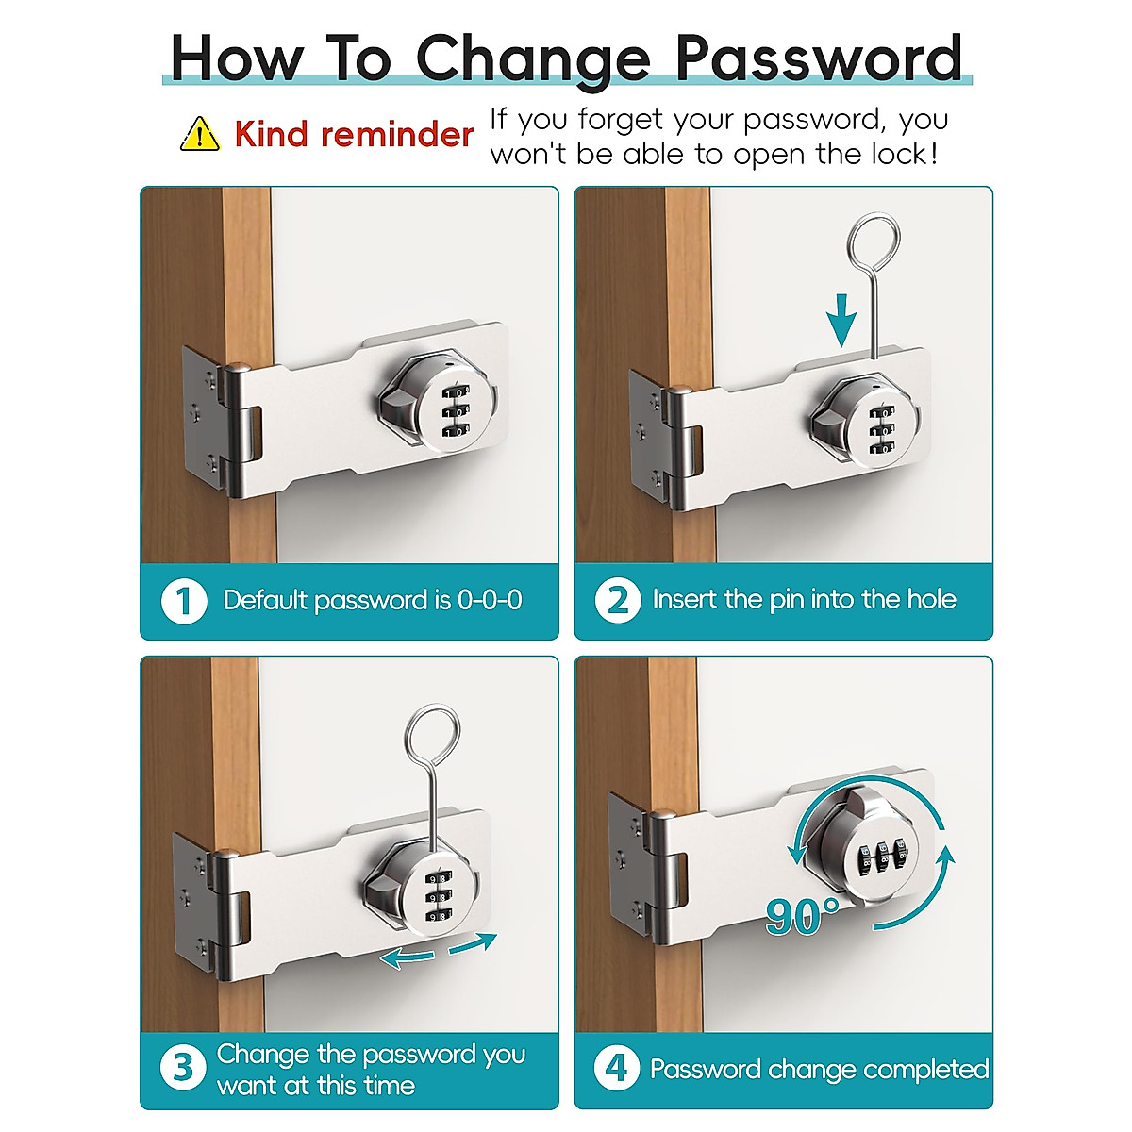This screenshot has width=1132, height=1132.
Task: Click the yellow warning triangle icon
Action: [x=199, y=135]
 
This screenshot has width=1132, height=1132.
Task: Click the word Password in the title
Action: [x=819, y=58]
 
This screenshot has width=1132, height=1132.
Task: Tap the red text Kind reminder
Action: [x=354, y=135]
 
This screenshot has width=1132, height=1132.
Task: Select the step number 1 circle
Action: [x=183, y=601]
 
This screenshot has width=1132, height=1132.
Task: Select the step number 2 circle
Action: [x=618, y=600]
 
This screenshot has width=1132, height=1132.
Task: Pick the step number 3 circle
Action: [x=183, y=1069]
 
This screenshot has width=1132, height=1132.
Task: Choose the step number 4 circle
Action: [x=617, y=1069]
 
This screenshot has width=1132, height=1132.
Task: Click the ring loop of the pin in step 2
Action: [x=874, y=241]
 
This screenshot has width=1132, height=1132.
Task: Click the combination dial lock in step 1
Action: [x=438, y=411]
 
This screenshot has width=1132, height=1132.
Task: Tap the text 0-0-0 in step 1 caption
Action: [x=490, y=601]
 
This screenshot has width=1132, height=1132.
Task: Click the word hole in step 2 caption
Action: [x=931, y=599]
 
